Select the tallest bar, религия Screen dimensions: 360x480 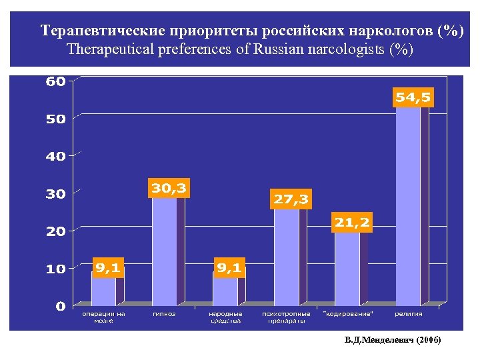click(x=408, y=207)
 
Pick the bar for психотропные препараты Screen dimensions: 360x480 click(x=287, y=257)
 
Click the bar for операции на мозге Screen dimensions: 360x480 click(x=103, y=291)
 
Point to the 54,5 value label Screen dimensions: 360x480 click(x=413, y=97)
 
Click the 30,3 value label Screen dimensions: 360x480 click(x=169, y=189)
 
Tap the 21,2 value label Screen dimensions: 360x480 click(x=353, y=223)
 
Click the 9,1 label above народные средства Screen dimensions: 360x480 click(x=229, y=268)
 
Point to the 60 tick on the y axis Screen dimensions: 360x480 click(x=55, y=82)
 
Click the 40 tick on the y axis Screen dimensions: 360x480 click(x=55, y=157)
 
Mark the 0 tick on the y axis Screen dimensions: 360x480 click(x=60, y=307)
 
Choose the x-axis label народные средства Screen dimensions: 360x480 click(x=225, y=317)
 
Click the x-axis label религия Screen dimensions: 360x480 click(x=408, y=314)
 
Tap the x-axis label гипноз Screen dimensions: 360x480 click(x=164, y=314)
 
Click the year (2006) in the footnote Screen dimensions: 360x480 click(x=427, y=340)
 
